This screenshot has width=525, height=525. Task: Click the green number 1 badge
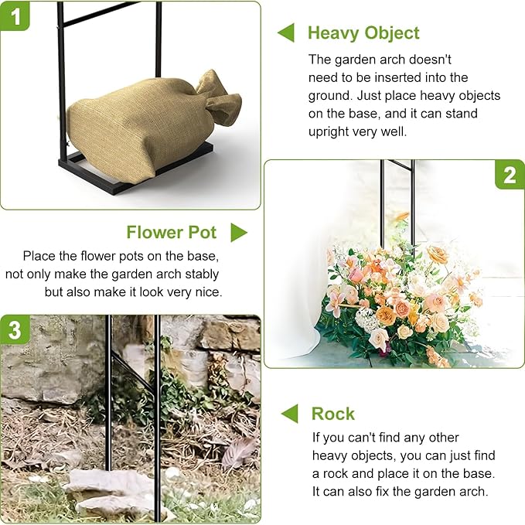point(15,15)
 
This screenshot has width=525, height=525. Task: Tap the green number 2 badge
point(510,175)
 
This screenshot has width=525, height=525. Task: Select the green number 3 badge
point(15,330)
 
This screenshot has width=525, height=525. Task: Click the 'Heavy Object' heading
point(363,33)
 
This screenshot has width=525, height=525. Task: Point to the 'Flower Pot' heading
point(172,233)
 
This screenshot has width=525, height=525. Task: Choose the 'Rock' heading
point(332,414)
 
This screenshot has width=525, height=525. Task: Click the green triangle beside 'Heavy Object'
point(286,32)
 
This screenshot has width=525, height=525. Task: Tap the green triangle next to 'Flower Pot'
point(239,233)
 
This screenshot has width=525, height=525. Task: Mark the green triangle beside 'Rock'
point(290,414)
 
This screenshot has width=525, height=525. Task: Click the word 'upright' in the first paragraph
point(329,132)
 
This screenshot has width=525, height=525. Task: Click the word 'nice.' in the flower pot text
point(209,292)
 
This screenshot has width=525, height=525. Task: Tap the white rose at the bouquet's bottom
point(379,339)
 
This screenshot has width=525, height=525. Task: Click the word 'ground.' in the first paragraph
point(330,96)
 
